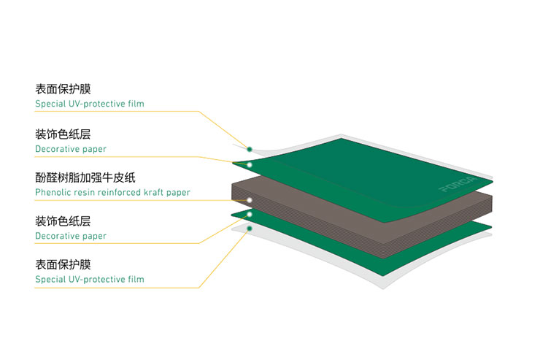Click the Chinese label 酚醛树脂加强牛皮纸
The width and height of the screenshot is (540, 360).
point(86,177)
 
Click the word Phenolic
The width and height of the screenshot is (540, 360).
point(53,193)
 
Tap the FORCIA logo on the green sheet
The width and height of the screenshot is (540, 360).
point(458,184)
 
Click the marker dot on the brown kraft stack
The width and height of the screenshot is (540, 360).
point(250,199)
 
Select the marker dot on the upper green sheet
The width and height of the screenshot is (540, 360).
point(250,165)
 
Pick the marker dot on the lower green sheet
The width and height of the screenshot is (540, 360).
point(250,214)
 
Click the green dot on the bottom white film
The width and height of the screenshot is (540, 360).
point(250,229)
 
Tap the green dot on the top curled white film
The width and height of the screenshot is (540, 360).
point(250,149)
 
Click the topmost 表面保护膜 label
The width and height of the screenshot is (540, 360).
point(63,89)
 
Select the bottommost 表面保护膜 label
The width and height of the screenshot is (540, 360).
point(63,264)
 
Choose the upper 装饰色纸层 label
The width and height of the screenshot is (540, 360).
point(63,134)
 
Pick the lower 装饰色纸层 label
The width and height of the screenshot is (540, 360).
point(63,221)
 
